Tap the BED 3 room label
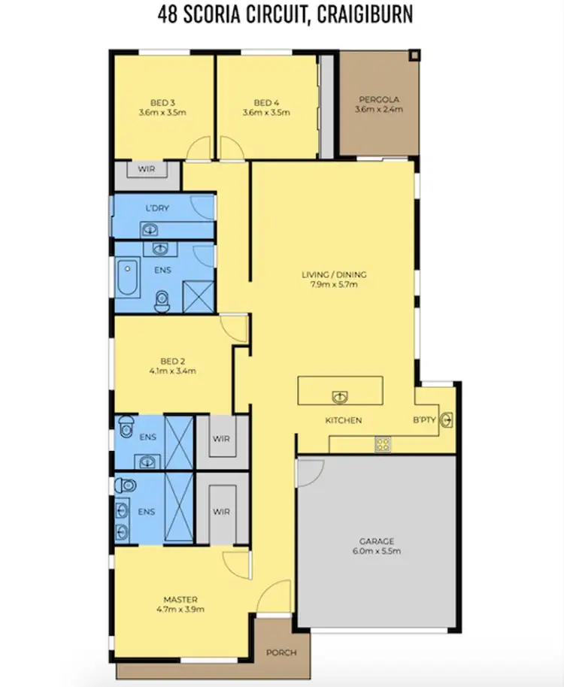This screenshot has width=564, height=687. coord(162,102)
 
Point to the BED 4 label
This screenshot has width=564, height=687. coord(265,102)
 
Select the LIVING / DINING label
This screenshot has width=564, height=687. coord(334,274)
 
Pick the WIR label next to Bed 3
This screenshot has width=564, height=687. coord(147,170)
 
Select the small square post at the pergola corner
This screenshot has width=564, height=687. coord(414,55)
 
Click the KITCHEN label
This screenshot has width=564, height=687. coord(344,420)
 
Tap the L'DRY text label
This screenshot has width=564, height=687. coord(157,207)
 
